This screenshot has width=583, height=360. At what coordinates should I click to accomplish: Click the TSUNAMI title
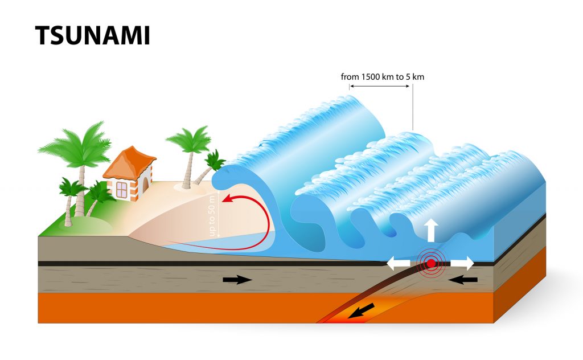[x=92, y=36]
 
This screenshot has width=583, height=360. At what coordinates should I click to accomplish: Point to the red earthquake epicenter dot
[x=432, y=263]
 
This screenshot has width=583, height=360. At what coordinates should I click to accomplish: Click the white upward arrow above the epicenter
[x=431, y=230]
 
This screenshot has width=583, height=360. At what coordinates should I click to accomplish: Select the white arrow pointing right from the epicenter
[x=462, y=263]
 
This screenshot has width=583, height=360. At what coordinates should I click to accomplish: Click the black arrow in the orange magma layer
[x=362, y=310]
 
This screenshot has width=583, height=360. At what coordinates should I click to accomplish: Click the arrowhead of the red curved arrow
[x=226, y=199]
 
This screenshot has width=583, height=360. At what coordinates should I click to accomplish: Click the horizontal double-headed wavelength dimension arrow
[x=380, y=86]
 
